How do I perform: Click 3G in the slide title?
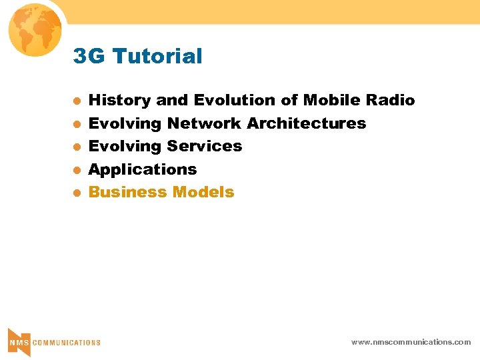coord(90,57)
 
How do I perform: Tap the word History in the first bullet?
coord(119,101)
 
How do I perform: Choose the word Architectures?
coord(307,123)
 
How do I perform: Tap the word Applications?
coord(143,169)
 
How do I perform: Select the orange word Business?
coord(128,192)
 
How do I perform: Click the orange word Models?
coord(203,192)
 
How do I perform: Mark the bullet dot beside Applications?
coord(77,170)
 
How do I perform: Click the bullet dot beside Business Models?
coord(77,193)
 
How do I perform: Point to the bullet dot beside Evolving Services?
coord(77,147)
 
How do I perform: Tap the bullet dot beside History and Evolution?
coord(77,101)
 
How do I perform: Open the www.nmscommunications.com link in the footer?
coord(411,342)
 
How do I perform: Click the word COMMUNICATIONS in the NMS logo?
coord(67,343)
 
